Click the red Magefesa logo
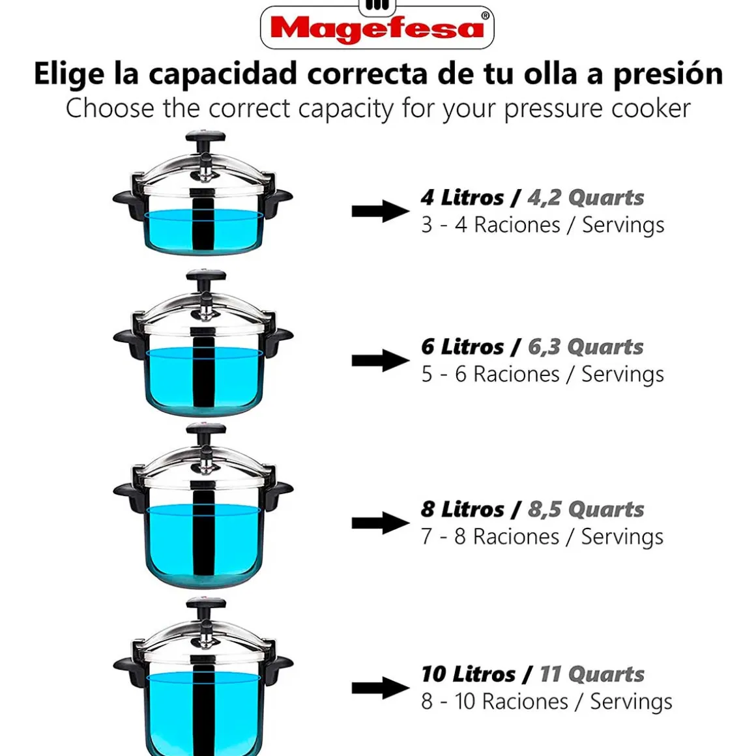point(377,27)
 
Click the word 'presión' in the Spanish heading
point(668,75)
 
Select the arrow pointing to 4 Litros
point(381,211)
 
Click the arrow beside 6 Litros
point(381,360)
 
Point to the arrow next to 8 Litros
point(381,523)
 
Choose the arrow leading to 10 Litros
point(381,688)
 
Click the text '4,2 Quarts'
point(586,197)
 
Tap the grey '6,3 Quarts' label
point(586,347)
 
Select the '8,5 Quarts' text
point(586,510)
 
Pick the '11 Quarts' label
point(592,675)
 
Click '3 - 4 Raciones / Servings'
point(542,225)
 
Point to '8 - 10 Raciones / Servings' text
point(547,702)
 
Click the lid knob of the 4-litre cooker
point(206,136)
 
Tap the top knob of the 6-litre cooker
point(206,276)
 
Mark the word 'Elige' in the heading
point(69,75)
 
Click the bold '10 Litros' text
point(468,675)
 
